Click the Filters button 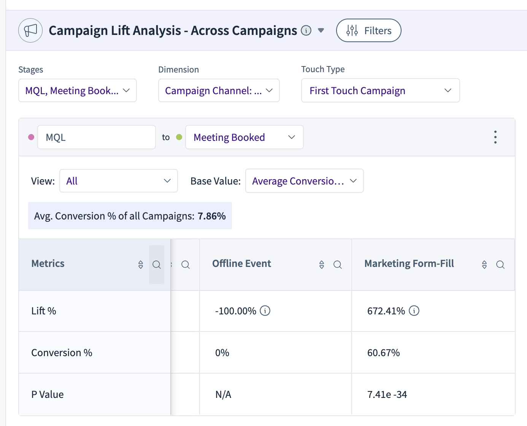[x=368, y=30]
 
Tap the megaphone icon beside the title [x=30, y=30]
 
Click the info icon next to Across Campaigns [x=306, y=31]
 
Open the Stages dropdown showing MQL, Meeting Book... [x=78, y=90]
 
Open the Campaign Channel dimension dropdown [x=219, y=90]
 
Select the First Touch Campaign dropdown [x=381, y=90]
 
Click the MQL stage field [x=97, y=137]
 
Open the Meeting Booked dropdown [x=244, y=137]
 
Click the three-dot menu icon [x=495, y=137]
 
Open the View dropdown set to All [x=119, y=181]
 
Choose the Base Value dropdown [x=304, y=181]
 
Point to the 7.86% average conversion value [x=211, y=216]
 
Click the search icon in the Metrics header [x=157, y=265]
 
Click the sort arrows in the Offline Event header [x=322, y=265]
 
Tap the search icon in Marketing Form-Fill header [x=500, y=265]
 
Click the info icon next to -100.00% [x=265, y=311]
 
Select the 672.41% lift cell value [x=386, y=311]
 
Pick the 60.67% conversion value [x=384, y=353]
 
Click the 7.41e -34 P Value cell [x=387, y=394]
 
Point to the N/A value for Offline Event [x=223, y=394]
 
